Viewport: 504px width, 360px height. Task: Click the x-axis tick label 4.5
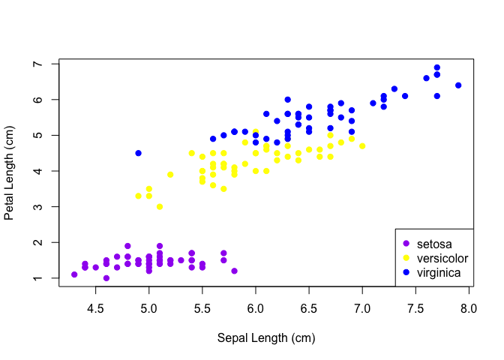pos(95,307)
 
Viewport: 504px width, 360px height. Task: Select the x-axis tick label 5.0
pos(148,307)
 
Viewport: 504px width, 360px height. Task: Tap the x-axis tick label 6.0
pos(256,307)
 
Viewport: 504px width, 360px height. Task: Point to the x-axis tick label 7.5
pos(415,307)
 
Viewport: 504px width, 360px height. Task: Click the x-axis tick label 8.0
pos(469,307)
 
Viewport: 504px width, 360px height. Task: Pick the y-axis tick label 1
pos(36,278)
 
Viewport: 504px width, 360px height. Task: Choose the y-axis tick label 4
pos(36,171)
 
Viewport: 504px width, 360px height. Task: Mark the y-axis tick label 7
pos(36,64)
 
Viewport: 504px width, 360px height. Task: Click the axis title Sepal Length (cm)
pos(266,337)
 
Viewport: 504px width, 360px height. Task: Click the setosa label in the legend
pos(435,244)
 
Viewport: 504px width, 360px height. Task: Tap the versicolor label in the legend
pos(442,258)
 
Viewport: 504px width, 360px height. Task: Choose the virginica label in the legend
pos(439,272)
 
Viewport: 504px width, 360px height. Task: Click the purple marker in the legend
pos(406,244)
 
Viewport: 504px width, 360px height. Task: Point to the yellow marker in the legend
pos(406,258)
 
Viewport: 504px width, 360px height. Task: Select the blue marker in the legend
pos(406,272)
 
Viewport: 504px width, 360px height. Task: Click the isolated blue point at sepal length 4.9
pos(138,153)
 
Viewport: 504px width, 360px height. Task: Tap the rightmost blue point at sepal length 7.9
pos(458,85)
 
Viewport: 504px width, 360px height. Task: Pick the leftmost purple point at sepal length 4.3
pos(74,274)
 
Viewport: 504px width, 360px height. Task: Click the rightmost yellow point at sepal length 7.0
pos(362,146)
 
